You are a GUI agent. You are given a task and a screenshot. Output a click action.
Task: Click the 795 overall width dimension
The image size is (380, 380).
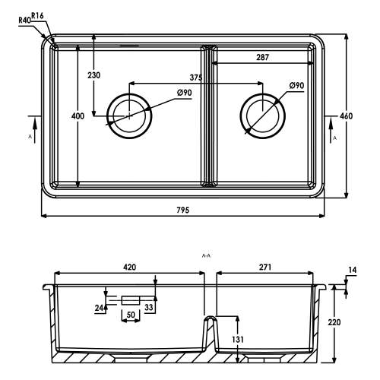click(x=183, y=210)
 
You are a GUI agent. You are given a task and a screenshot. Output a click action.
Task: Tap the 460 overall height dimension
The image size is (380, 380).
click(x=346, y=116)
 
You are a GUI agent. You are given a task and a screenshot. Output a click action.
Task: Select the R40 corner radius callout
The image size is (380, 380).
click(x=24, y=21)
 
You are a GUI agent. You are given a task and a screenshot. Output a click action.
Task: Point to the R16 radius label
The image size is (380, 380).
click(x=37, y=16)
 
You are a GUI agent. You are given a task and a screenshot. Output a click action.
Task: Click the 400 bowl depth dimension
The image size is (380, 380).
click(x=78, y=116)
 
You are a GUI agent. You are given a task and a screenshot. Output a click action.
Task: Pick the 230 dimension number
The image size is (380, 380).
click(x=94, y=75)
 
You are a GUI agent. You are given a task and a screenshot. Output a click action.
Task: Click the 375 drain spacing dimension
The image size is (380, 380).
click(x=196, y=78)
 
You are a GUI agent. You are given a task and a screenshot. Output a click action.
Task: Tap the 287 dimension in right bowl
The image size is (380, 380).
click(x=262, y=58)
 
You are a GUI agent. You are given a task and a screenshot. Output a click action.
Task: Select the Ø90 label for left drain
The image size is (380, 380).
click(x=185, y=93)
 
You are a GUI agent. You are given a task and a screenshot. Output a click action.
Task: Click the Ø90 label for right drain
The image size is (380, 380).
click(x=296, y=86)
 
